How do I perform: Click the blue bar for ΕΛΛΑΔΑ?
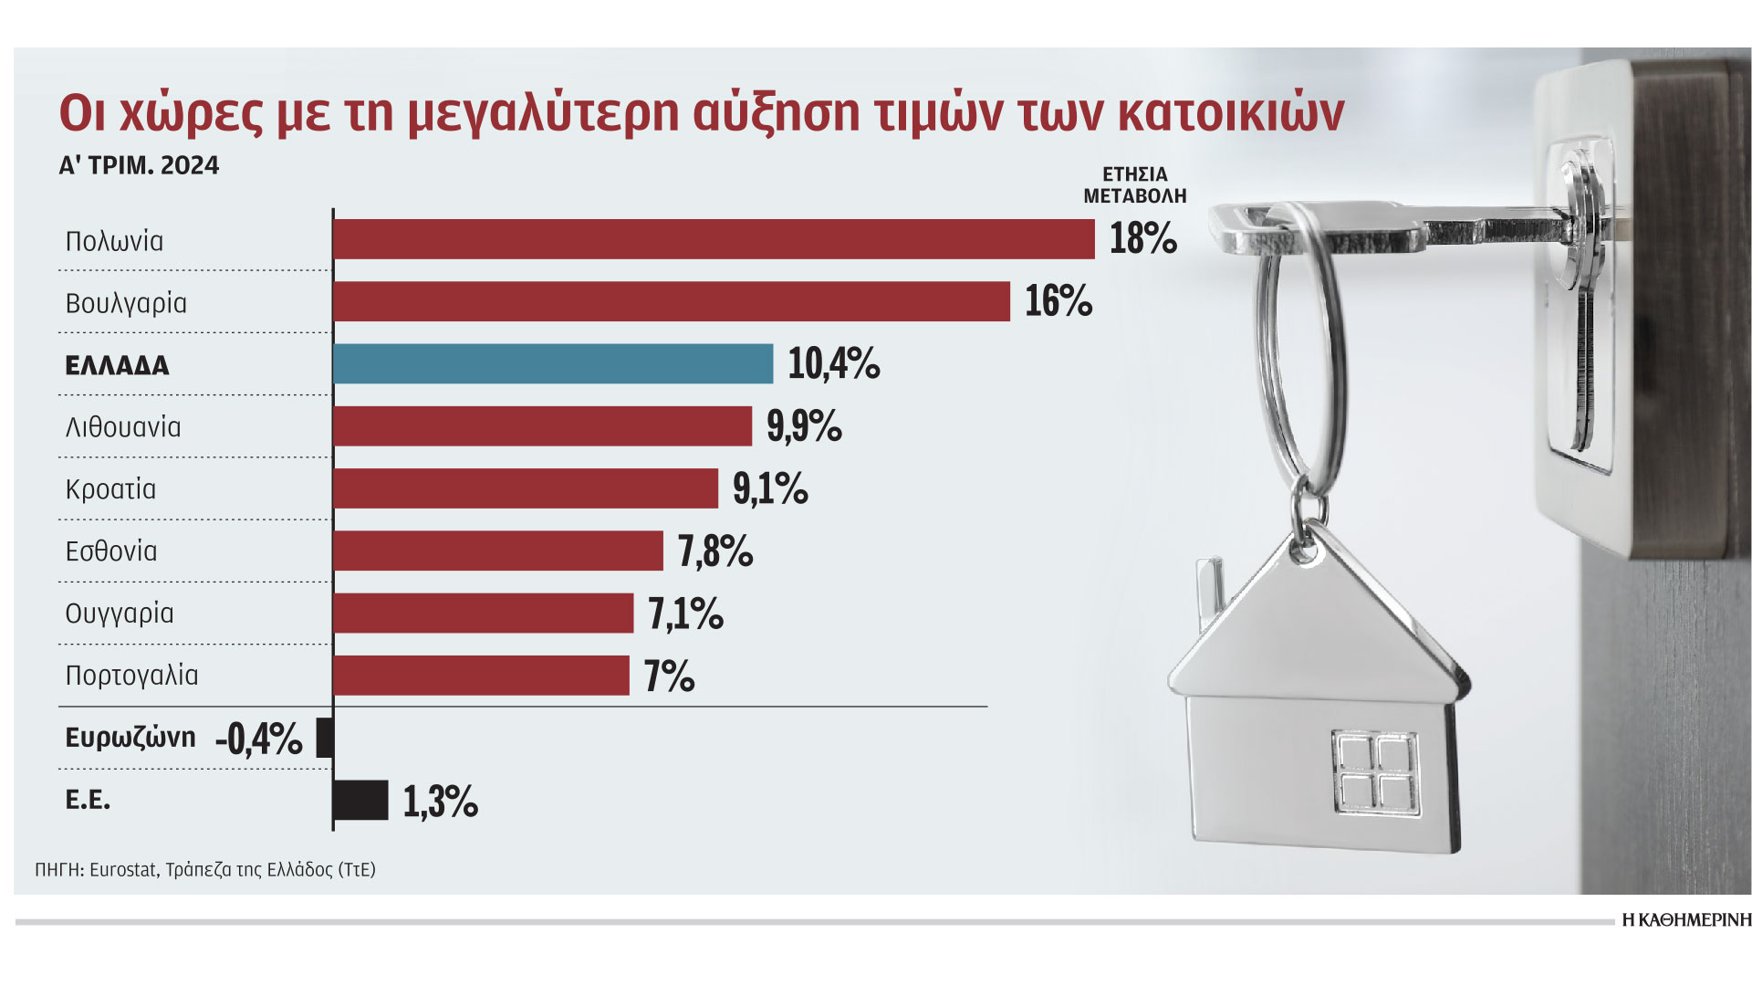point(553,363)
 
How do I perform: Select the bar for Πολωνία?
point(714,239)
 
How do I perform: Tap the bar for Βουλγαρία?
point(672,301)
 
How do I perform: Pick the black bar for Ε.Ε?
point(361,800)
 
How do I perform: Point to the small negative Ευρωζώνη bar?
point(324,738)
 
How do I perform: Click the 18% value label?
point(1142,239)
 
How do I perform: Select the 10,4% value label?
point(833,363)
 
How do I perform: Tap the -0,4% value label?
point(259,738)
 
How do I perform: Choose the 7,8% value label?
point(714,551)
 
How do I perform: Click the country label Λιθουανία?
point(123,427)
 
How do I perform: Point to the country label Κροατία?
point(110,489)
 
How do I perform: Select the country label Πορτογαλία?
point(131,676)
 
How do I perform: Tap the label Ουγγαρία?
point(120,614)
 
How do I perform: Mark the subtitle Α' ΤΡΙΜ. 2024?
point(139,165)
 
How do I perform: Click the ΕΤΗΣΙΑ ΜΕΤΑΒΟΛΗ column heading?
point(1134,184)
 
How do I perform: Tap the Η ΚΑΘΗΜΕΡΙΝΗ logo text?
point(1686,920)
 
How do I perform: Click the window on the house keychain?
point(1375,772)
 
